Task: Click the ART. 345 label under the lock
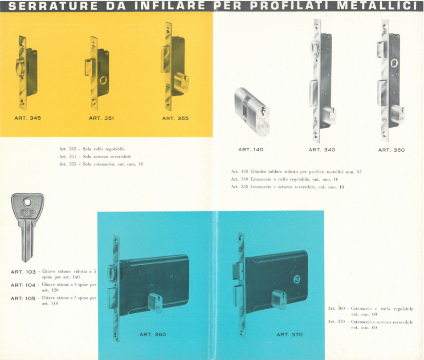pos(28,118)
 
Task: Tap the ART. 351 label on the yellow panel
pos(102,118)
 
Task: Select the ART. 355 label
pos(175,118)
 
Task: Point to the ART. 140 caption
pos(251,150)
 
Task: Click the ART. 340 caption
pos(322,150)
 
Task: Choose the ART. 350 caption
pos(391,150)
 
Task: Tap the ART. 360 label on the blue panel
pos(153,335)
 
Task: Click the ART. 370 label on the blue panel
pos(289,335)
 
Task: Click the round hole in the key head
pos(27,202)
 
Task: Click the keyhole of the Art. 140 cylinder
pos(262,113)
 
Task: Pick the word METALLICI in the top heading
pos(377,6)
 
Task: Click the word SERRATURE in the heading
pos(53,6)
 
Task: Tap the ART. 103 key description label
pos(23,272)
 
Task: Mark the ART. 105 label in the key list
pos(23,299)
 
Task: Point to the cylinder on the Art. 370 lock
pos(279,299)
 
